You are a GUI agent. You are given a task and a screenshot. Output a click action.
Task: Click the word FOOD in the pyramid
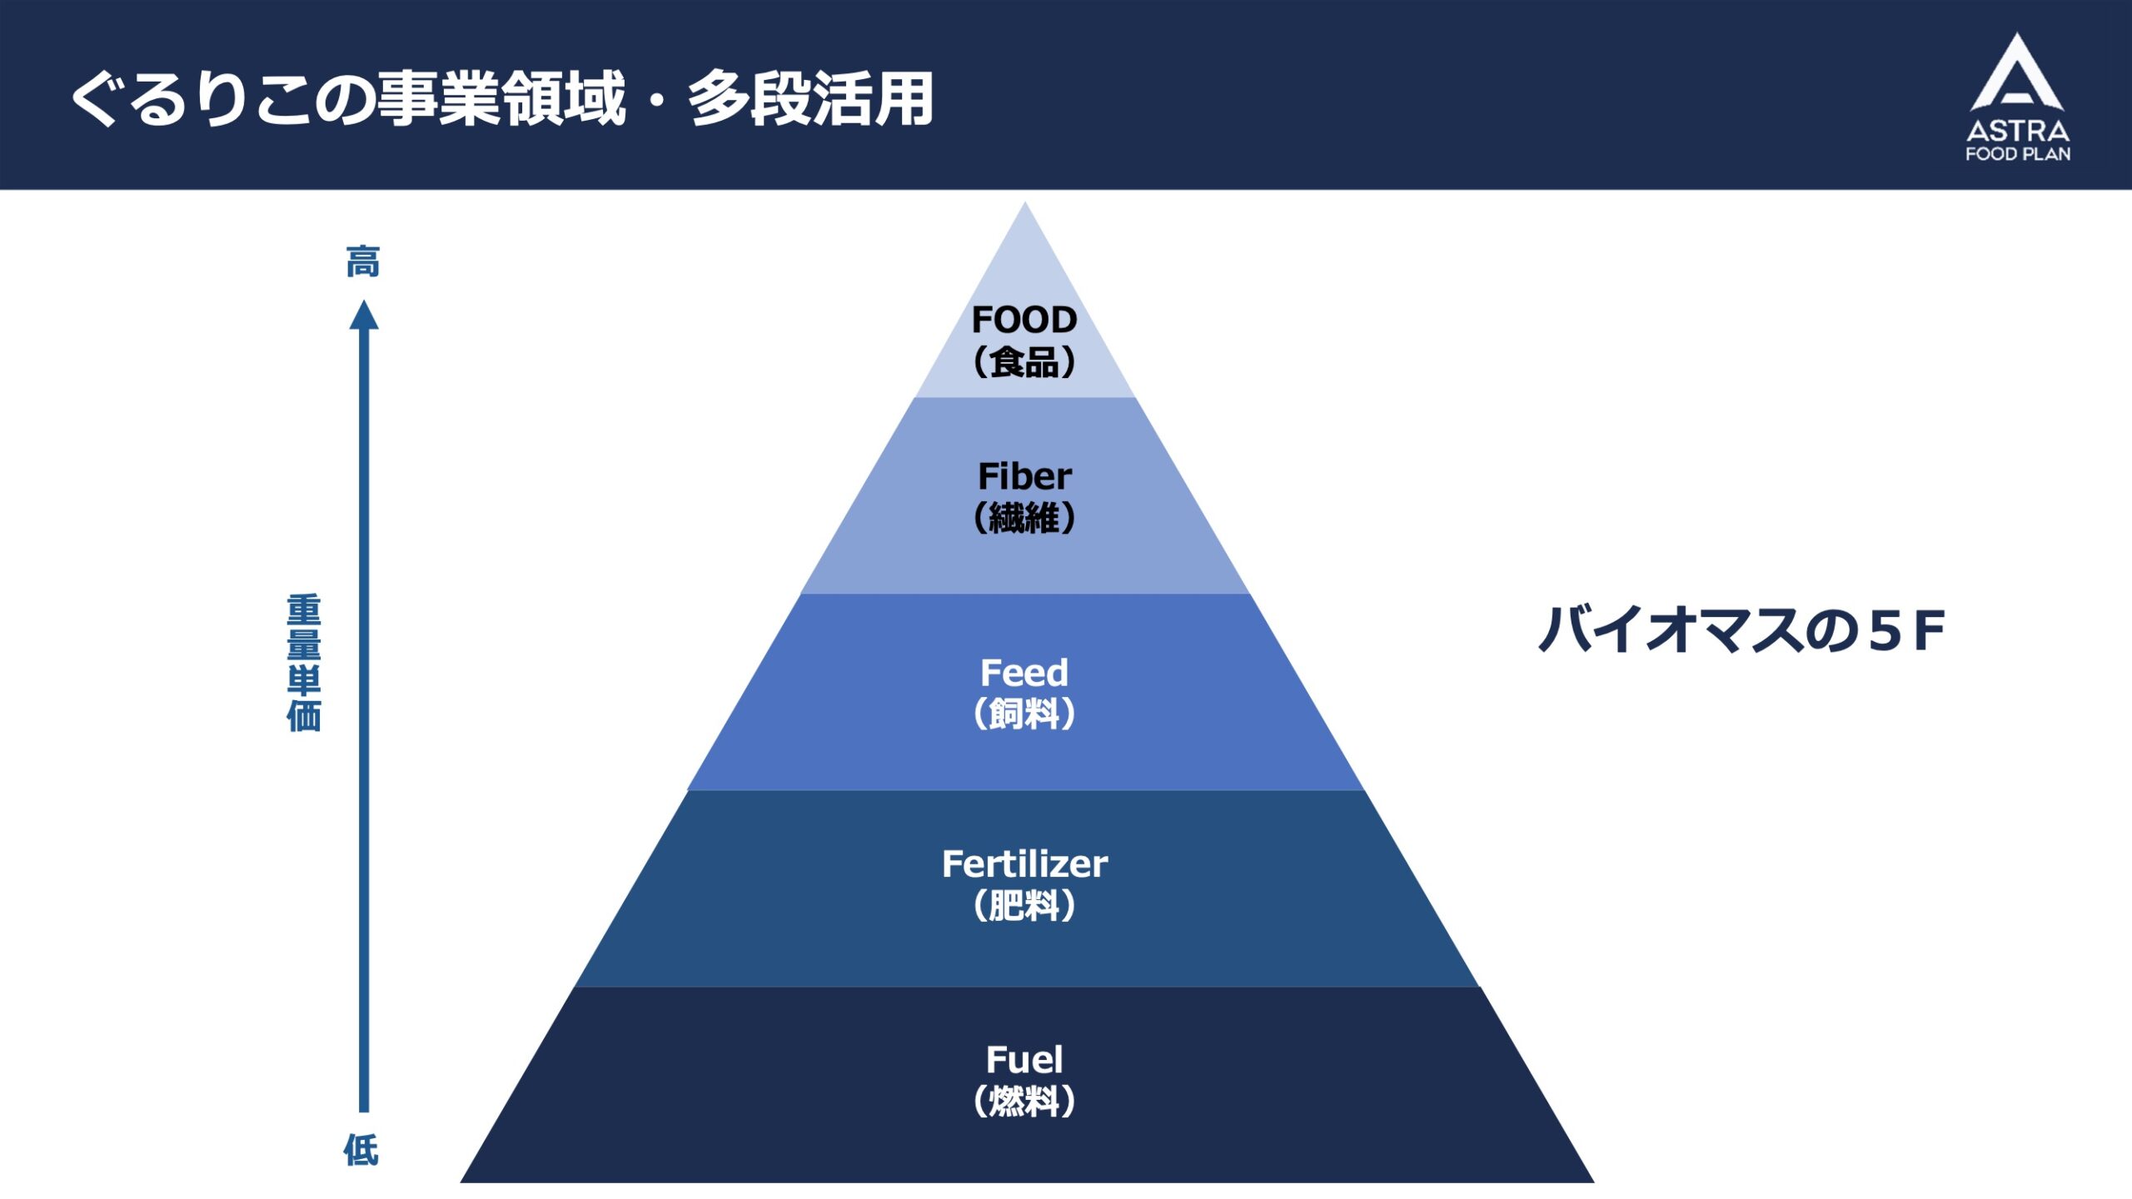[x=1024, y=320]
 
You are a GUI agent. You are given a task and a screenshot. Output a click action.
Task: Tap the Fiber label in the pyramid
[x=1024, y=476]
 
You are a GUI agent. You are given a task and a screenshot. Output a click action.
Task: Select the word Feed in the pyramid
[x=1024, y=673]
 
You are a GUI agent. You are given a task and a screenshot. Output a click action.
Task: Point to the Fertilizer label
[x=1024, y=864]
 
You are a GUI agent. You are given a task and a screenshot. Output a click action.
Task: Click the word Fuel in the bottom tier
[x=1024, y=1060]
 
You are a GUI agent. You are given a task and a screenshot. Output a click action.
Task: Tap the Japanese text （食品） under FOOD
[x=1024, y=362]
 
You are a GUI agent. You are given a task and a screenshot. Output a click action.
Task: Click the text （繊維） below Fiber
[x=1024, y=518]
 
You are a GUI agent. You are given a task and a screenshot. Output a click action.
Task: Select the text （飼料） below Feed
[x=1024, y=714]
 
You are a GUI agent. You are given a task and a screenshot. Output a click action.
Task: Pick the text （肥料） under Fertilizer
[x=1024, y=906]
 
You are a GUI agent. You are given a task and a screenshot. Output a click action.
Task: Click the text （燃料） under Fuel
[x=1024, y=1102]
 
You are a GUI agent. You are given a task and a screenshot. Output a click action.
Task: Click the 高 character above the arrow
[x=363, y=261]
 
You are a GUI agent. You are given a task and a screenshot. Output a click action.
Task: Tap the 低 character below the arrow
[x=361, y=1150]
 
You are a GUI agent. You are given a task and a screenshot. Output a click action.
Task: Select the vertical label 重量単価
[x=304, y=663]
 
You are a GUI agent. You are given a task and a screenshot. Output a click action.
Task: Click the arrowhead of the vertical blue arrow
[x=364, y=316]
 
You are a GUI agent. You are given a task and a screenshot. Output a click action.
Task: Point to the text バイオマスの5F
[x=1741, y=630]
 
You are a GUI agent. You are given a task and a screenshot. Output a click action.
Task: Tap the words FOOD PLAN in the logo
[x=2018, y=154]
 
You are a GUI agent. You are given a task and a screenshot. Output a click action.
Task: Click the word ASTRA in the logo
[x=2018, y=131]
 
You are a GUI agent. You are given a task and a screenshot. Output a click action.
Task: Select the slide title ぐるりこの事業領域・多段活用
[x=502, y=99]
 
